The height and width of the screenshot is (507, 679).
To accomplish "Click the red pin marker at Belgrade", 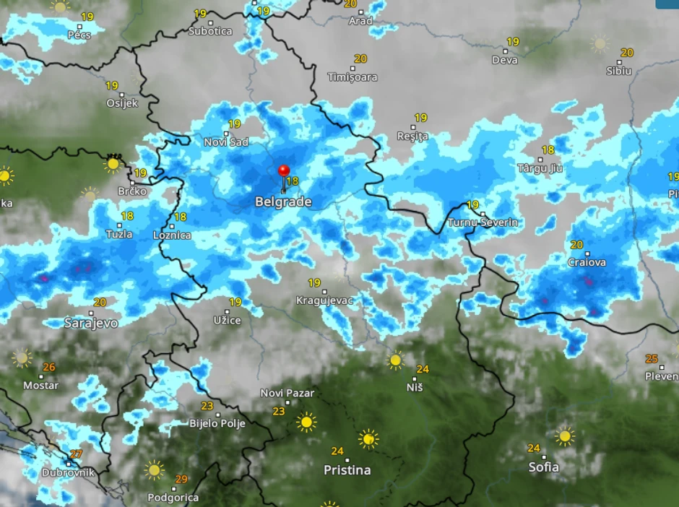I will pos(283,172).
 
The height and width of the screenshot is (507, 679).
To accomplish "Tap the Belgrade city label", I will pos(283,202).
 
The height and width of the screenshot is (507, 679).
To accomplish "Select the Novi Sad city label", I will pos(225,142).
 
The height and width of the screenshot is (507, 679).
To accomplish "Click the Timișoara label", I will pos(353,77).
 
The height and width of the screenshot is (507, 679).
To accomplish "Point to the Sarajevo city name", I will pos(91,323).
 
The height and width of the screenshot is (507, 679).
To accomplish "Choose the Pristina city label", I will pos(347,470).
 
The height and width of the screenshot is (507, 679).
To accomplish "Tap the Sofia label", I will pos(543,467).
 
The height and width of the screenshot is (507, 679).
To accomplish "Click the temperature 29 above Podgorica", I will pos(181,480).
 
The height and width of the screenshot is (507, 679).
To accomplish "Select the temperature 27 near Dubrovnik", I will pos(76,454).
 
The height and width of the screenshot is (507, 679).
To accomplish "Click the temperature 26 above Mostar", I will pos(48,368).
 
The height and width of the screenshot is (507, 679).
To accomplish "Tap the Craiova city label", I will pos(587,263).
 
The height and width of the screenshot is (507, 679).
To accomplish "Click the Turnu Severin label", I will pos(483,222).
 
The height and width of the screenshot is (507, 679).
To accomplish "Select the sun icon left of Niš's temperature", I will pos(395,360).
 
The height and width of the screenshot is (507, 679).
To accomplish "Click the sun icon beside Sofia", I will pos(565,436).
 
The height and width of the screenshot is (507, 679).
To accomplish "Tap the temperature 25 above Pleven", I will pos(652,359).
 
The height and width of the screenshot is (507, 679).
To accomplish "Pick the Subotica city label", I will pos(210,31).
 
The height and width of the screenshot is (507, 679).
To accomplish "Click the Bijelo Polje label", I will pos(217,424).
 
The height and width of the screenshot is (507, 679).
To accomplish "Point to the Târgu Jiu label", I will pos(540,168).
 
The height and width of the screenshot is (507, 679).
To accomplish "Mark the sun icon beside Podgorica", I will pos(154,470).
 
